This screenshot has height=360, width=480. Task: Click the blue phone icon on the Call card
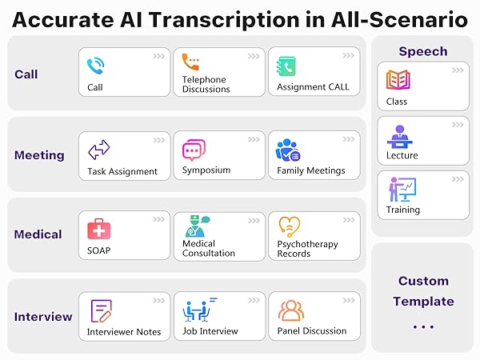[x=95, y=66]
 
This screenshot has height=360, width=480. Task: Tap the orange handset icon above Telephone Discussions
[x=190, y=62]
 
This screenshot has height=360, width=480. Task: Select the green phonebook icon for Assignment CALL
[x=286, y=66]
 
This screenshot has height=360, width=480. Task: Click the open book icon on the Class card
[x=398, y=79]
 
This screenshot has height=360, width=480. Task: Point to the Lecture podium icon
[x=399, y=137]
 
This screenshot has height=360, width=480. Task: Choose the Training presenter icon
[x=402, y=190]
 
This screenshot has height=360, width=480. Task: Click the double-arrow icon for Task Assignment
[x=99, y=150]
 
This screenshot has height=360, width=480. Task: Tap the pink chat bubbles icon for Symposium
[x=194, y=150]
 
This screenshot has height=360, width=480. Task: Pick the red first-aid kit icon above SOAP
[x=99, y=229]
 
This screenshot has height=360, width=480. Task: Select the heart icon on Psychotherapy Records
[x=290, y=227]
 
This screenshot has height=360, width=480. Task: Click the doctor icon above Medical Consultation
[x=198, y=226]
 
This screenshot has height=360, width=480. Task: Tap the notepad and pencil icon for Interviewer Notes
[x=102, y=311]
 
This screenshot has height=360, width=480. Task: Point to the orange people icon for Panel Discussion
[x=291, y=310]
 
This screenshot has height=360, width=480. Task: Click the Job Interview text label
[x=210, y=331]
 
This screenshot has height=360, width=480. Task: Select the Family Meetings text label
[x=311, y=170]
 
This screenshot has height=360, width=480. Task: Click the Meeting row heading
[x=39, y=155]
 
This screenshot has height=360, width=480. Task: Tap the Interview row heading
[x=43, y=317]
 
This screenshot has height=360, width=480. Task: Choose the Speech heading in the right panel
[x=423, y=51]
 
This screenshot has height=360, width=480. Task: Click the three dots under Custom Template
[x=423, y=327]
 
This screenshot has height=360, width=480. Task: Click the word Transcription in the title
[x=224, y=20]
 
